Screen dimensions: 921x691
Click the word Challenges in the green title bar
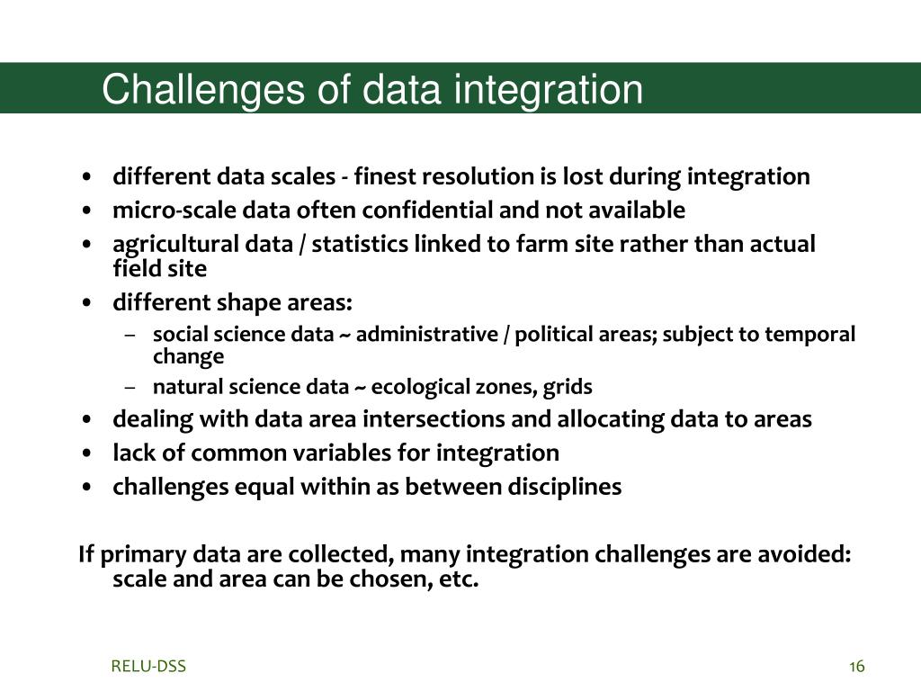(x=203, y=90)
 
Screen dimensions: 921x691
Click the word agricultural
(x=200, y=245)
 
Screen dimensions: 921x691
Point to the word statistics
(x=360, y=244)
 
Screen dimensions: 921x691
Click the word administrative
(x=427, y=334)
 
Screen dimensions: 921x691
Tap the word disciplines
(x=565, y=487)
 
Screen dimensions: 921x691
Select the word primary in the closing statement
(x=143, y=554)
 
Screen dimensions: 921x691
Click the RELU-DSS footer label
(x=148, y=667)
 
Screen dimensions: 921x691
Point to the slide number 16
(x=857, y=667)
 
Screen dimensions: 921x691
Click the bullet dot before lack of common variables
(x=87, y=453)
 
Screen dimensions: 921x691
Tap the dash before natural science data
(x=130, y=388)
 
